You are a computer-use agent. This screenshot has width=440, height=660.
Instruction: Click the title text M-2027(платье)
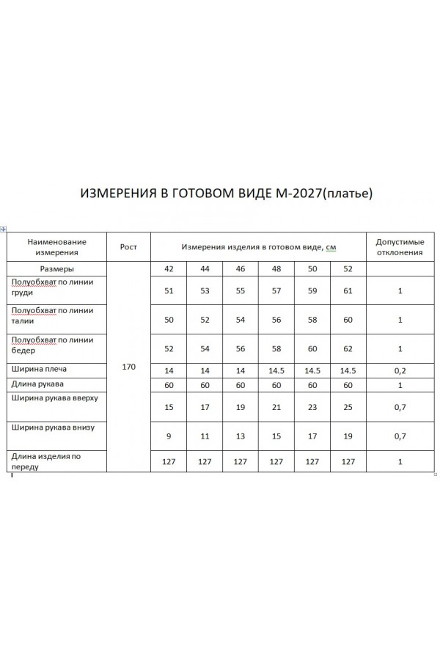[x=323, y=194]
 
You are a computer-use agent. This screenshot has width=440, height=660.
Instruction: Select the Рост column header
[x=129, y=247]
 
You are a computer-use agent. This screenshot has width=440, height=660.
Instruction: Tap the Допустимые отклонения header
[x=400, y=247]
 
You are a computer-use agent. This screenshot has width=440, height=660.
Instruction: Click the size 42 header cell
[x=169, y=269]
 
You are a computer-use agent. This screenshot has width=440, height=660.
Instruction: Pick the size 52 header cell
[x=348, y=269]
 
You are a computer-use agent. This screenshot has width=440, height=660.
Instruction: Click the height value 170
[x=129, y=367]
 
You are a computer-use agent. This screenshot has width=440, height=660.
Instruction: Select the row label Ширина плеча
[x=40, y=368]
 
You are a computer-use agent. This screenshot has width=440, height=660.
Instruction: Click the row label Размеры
[x=56, y=269]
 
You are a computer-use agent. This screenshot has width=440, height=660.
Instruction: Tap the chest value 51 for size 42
[x=169, y=291]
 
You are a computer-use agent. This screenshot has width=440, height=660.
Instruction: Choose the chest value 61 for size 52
[x=348, y=291]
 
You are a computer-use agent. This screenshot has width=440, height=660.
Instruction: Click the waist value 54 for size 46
[x=241, y=320]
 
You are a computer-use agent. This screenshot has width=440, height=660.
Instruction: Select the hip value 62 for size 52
[x=348, y=349]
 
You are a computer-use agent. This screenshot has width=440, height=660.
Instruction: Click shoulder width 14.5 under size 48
[x=276, y=371]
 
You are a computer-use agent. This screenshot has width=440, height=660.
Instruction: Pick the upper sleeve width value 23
[x=312, y=407]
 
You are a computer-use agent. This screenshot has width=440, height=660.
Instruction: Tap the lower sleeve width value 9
[x=169, y=436]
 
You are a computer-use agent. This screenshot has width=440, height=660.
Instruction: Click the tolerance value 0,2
[x=400, y=371]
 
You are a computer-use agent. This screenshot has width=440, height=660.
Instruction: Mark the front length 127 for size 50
[x=312, y=462]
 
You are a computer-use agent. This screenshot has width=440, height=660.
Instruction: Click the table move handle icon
[x=4, y=229]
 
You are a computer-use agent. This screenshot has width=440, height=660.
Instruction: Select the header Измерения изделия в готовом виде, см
[x=259, y=247]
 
